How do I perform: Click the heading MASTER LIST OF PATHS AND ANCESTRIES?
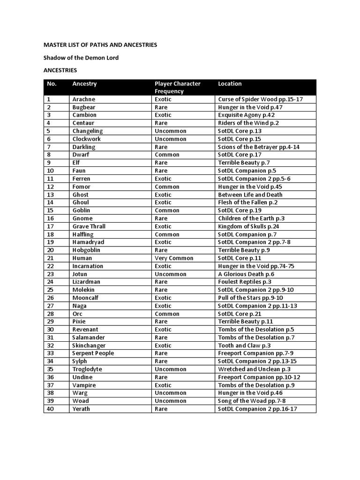tap(100, 45)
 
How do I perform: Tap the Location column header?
tap(230, 84)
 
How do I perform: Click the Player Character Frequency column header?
tap(177, 87)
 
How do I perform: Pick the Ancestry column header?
tap(84, 84)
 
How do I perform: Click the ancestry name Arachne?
tap(83, 99)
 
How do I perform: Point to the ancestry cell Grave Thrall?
tap(89, 226)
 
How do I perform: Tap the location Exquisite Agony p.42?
tap(246, 115)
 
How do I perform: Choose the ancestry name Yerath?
tap(81, 409)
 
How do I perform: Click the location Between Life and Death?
tap(250, 195)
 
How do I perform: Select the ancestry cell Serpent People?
tap(93, 353)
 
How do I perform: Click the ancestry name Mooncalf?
tap(85, 298)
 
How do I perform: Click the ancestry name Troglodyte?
tap(87, 369)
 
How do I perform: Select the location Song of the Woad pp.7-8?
tap(251, 401)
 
